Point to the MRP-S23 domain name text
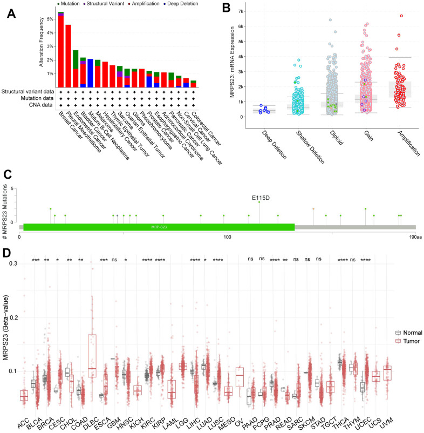(x=159, y=229)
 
